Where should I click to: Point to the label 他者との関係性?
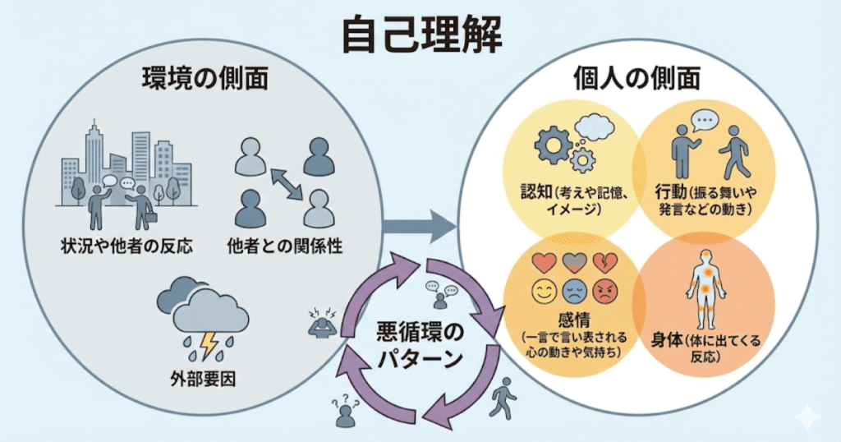[283, 246]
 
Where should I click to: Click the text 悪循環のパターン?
[419, 346]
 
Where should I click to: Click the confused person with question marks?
[346, 411]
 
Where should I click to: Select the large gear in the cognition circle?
[553, 144]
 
